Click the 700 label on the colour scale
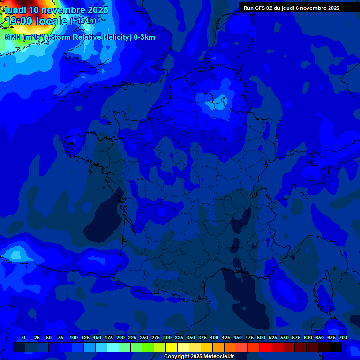343,338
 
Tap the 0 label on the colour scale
24,338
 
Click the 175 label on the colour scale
109,338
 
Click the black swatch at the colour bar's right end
336,347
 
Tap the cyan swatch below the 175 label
113,347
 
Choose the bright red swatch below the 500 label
265,347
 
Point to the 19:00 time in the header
20,21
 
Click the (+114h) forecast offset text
83,21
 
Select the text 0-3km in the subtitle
144,37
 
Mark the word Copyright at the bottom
176,357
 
